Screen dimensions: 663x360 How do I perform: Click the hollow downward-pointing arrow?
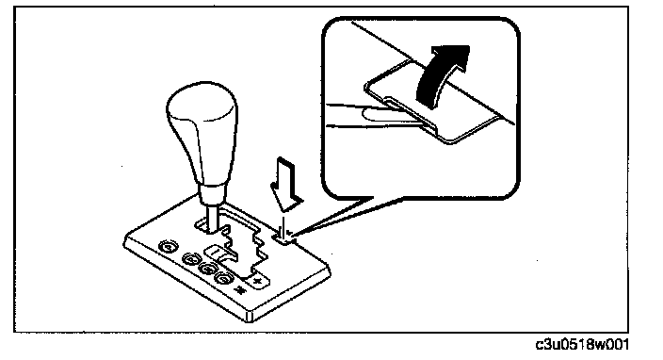286,184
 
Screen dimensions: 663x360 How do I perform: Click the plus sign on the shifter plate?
257,281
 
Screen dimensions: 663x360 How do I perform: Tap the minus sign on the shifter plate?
214,252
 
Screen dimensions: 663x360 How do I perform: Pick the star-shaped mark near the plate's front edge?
240,290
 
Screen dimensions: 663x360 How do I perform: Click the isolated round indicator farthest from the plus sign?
168,247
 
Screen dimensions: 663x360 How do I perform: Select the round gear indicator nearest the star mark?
224,277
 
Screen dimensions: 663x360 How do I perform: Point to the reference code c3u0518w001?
582,345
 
